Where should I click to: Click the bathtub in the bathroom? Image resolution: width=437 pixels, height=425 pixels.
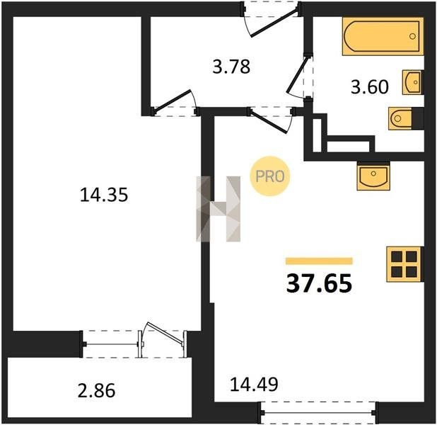click(383, 36)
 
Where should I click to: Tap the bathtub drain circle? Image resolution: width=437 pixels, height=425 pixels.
click(412, 36)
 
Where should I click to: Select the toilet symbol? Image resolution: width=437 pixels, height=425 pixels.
click(400, 118)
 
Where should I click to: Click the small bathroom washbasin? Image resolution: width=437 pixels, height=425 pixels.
click(412, 82)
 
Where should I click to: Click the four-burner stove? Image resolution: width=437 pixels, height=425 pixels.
click(404, 264)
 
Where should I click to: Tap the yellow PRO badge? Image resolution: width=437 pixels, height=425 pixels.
click(270, 176)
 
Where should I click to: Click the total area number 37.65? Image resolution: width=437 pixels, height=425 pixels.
click(319, 283)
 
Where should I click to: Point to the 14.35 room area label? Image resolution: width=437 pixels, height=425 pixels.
click(104, 195)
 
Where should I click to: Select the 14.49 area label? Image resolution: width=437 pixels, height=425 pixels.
click(254, 384)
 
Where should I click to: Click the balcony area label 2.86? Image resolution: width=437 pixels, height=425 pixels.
click(96, 390)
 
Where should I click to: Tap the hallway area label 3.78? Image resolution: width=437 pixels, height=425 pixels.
click(231, 67)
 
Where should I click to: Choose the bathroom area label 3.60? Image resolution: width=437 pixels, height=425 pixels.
click(370, 87)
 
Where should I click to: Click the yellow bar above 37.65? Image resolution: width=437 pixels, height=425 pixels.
click(319, 261)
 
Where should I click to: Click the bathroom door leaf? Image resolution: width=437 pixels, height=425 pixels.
click(298, 75)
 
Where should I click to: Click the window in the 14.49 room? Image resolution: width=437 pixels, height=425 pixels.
click(318, 412)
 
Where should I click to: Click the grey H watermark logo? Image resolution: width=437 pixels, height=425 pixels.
click(218, 209)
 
